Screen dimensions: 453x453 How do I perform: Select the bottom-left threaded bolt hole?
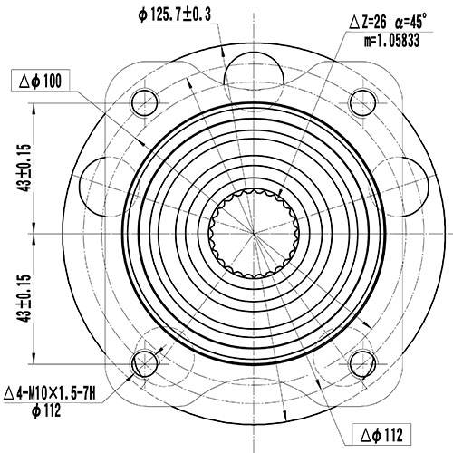(144, 363)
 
